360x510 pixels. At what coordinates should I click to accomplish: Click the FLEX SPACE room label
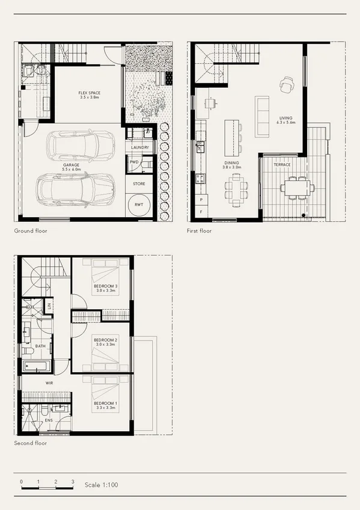pos(90,93)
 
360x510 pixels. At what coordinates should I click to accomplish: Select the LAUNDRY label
pos(141,147)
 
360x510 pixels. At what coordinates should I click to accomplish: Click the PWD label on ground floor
pos(133,162)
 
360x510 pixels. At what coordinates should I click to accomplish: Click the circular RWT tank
pos(139,204)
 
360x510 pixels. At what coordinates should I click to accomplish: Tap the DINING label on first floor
pos(231,163)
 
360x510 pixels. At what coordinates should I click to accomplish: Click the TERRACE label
pos(282,165)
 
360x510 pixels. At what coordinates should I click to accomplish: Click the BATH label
pos(40,346)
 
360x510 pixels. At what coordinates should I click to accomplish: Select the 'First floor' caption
pos(200,230)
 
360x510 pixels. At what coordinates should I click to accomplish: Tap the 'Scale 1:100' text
pos(101,485)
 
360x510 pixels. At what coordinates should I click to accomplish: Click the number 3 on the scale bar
pos(73,482)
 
